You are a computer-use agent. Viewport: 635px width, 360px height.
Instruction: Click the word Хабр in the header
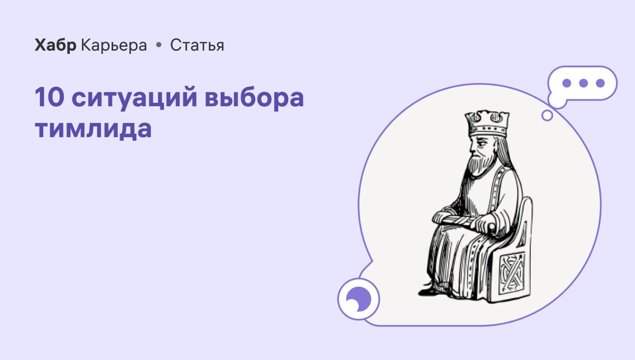tap(56, 45)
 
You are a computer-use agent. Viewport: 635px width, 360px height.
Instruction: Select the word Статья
tap(197, 45)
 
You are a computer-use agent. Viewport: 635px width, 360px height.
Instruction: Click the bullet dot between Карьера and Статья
tap(159, 45)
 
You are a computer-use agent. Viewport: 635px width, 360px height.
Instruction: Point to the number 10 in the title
tap(49, 97)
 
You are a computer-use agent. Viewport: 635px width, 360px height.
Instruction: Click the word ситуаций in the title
tap(134, 98)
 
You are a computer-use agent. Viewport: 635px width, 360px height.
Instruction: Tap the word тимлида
tap(93, 129)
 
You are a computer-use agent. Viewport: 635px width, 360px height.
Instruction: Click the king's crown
tap(488, 123)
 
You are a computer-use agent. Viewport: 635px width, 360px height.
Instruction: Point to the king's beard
tap(480, 165)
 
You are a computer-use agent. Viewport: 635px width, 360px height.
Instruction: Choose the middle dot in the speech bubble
tap(583, 83)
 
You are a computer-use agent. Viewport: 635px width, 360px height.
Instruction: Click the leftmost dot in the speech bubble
tap(567, 83)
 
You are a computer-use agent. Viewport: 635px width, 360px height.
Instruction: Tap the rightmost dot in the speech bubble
tap(600, 83)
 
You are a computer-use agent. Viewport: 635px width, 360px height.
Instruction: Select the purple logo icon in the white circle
tap(359, 299)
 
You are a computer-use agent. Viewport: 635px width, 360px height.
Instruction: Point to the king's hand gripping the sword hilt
tap(487, 224)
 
